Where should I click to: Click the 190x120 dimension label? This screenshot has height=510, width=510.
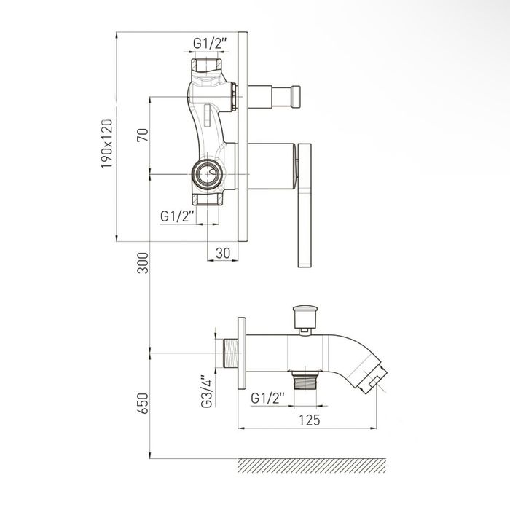coord(107,144)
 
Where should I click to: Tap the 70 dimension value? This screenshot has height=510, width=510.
coord(143,135)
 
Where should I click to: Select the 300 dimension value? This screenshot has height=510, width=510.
coord(143,263)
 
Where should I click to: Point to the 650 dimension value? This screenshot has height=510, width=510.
coord(143,404)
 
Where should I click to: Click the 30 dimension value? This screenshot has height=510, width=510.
coord(223,253)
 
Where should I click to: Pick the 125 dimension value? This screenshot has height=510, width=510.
coord(310,420)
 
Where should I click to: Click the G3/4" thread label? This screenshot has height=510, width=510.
coord(207,391)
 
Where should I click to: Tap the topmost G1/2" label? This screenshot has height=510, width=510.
coord(210,43)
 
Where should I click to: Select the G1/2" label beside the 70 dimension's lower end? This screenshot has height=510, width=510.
coord(177,216)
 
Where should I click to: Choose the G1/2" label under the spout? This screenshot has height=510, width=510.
coord(268,398)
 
